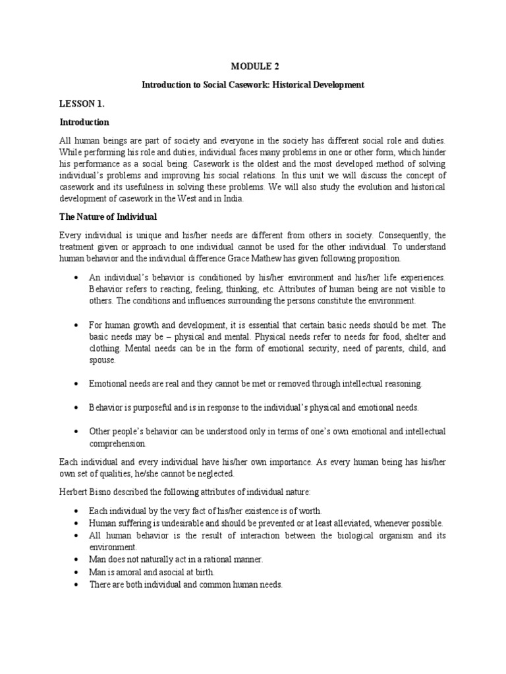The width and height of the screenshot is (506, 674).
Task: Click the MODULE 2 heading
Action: point(254,66)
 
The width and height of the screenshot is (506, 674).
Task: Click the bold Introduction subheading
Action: point(84,122)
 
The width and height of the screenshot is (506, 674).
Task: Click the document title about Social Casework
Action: point(254,86)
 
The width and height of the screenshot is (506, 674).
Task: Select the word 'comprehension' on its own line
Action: point(117,444)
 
